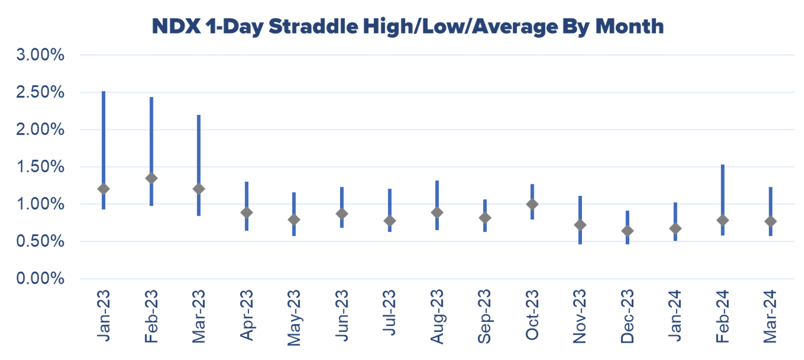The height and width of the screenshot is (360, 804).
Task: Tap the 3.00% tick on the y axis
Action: point(40,55)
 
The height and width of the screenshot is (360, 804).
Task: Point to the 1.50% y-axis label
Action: point(40,167)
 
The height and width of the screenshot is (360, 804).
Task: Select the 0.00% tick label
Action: point(40,278)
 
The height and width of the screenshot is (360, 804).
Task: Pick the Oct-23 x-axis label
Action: point(532,315)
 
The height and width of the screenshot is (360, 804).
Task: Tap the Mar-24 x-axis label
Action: point(770,316)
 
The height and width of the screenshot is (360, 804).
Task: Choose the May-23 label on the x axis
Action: point(294,317)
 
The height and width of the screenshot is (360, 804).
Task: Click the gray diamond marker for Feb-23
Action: point(151,178)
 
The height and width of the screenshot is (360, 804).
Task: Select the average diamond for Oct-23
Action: point(532,204)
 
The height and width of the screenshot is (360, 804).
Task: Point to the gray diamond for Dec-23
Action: point(627,231)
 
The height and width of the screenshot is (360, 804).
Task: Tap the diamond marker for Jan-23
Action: point(104,189)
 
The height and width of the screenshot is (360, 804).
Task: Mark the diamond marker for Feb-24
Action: point(722,220)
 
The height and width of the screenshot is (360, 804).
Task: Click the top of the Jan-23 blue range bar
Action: point(104,92)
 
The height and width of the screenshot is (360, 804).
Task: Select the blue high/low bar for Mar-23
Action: point(199,165)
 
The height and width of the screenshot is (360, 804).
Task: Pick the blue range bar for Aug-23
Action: point(437,205)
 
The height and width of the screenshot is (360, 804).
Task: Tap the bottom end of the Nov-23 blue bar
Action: point(580,244)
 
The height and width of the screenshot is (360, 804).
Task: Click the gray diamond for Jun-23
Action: point(342,214)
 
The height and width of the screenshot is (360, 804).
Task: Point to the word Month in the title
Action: point(629,26)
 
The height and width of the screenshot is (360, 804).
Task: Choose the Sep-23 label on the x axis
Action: point(484,317)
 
